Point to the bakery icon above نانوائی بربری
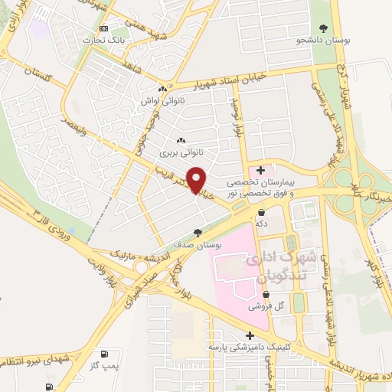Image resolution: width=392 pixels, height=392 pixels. [181, 140]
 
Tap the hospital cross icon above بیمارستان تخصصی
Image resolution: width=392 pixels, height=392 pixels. [262, 169]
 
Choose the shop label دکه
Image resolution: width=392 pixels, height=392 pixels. [261, 223]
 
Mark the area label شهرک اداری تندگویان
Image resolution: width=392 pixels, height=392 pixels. [273, 266]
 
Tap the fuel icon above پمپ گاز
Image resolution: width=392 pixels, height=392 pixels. [115, 354]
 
